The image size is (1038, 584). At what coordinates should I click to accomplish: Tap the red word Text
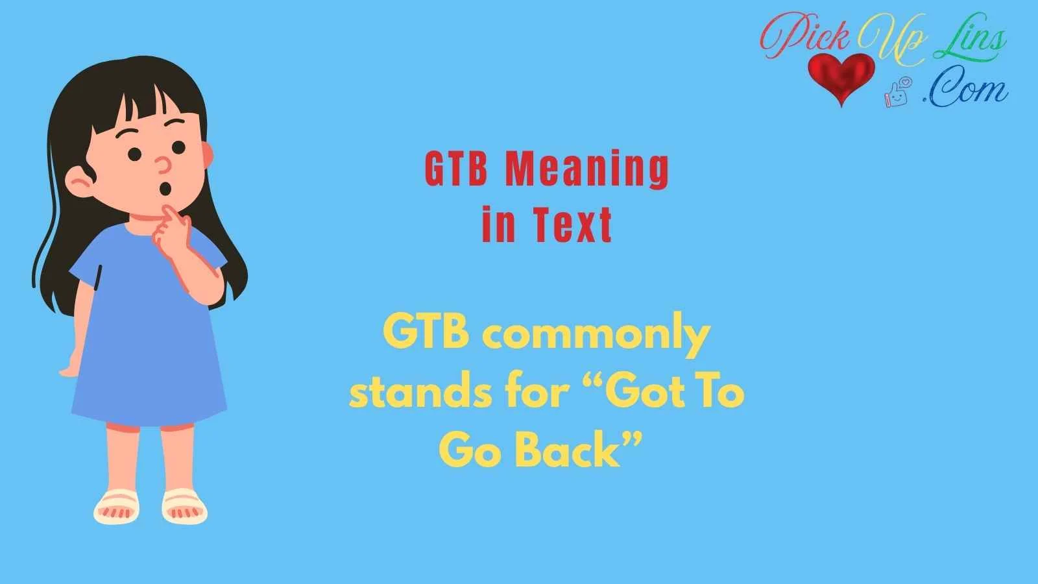tap(572, 225)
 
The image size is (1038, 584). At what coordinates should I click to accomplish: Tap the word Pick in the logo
tap(807, 36)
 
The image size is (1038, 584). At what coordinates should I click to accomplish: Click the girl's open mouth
tap(165, 189)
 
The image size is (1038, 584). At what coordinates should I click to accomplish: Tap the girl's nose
tap(163, 166)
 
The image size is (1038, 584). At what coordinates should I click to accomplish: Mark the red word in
tap(499, 225)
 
